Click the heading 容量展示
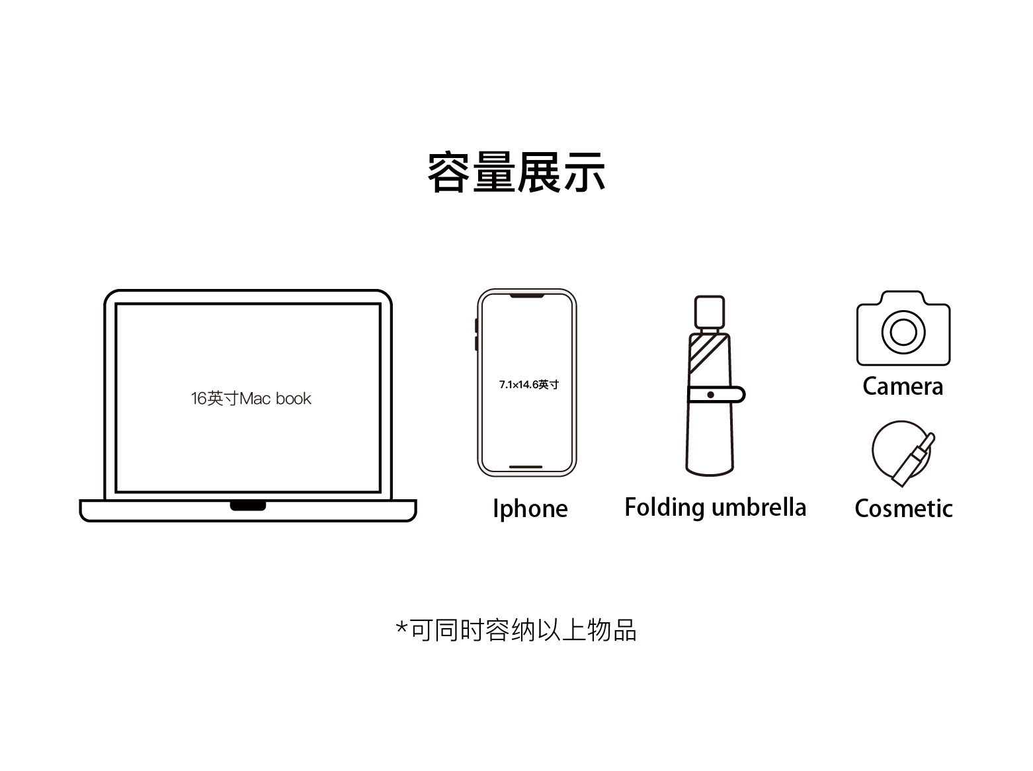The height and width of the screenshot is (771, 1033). [x=516, y=173]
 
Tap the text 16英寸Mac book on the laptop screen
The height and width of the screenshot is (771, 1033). [x=251, y=399]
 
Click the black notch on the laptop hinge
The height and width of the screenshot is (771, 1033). [x=248, y=506]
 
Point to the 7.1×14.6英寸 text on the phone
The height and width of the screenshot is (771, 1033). [x=528, y=384]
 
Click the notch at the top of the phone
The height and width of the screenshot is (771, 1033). [x=527, y=296]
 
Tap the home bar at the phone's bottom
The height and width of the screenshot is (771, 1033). [x=526, y=467]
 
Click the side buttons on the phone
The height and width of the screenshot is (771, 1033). [x=476, y=335]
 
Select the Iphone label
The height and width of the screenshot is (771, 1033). [x=530, y=508]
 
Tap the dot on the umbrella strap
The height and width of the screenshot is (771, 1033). [x=710, y=395]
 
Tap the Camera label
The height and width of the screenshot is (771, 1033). [x=903, y=386]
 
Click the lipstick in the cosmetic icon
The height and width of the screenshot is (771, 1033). [x=913, y=458]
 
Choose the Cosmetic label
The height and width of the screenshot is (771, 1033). [x=903, y=508]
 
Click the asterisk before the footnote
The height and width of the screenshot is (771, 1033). [x=401, y=627]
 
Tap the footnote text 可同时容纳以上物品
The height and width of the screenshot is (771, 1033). [x=523, y=630]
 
